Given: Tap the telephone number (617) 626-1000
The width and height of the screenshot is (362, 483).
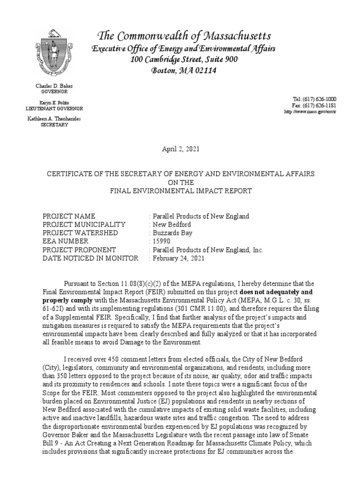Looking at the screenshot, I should pyautogui.click(x=320, y=99).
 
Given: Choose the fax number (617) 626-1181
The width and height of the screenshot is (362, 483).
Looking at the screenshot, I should pyautogui.click(x=320, y=105).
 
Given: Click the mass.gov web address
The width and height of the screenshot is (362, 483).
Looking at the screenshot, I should pyautogui.click(x=310, y=111).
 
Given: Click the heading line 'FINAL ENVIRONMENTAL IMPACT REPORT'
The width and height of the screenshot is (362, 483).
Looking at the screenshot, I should pyautogui.click(x=181, y=191).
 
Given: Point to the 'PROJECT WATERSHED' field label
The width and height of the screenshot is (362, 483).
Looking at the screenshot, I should pyautogui.click(x=80, y=233).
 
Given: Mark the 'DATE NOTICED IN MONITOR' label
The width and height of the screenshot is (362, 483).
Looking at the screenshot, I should pyautogui.click(x=90, y=258).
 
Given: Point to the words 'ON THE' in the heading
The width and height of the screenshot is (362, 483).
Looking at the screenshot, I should pyautogui.click(x=181, y=183).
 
